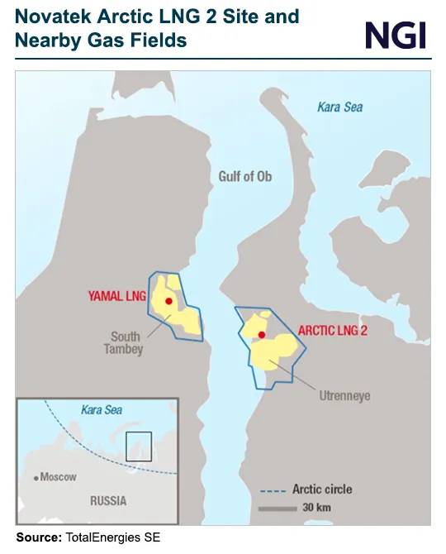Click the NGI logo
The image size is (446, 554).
396,35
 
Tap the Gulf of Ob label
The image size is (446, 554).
245,177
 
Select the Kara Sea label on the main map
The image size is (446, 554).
340,107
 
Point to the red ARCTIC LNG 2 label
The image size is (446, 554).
333,330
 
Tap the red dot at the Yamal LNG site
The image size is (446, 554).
168,302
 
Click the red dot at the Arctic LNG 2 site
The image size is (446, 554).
261,335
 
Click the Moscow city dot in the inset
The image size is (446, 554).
36,478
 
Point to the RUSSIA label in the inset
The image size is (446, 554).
108,500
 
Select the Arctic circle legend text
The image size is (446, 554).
322,490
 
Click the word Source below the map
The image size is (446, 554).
38,538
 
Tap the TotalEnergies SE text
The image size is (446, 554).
111,538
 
